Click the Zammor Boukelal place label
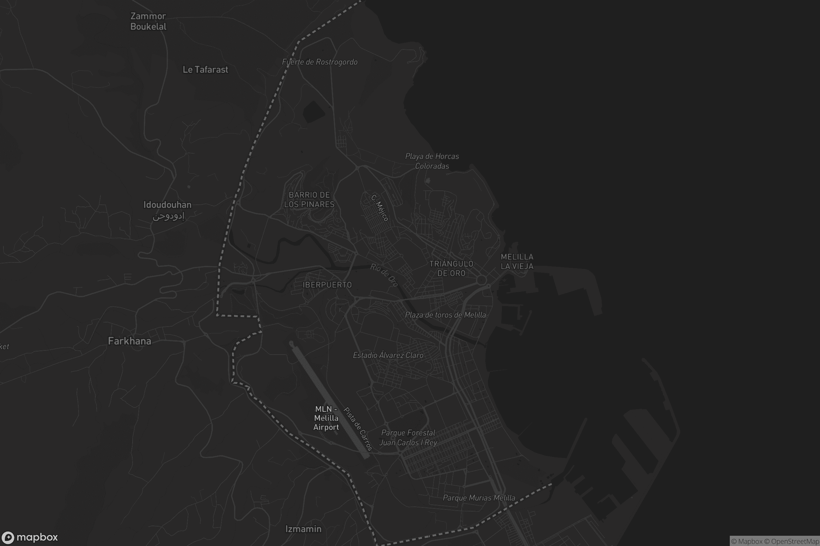pos(148,21)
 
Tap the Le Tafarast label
pos(205,70)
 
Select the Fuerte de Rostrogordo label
pos(320,62)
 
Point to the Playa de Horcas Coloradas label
pos(432,161)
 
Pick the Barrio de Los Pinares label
pos(309,200)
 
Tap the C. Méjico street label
pos(380,208)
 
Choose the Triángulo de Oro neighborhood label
pos(451,269)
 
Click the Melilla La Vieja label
pos(517,261)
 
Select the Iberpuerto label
pos(327,285)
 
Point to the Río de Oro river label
pos(384,275)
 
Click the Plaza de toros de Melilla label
pos(445,315)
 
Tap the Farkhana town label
pos(129,341)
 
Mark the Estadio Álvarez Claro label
pos(388,355)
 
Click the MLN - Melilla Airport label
pos(326,418)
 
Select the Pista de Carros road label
pos(358,429)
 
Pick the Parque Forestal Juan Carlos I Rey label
pos(408,438)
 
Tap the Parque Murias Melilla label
pos(479,498)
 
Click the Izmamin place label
pos(303,529)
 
